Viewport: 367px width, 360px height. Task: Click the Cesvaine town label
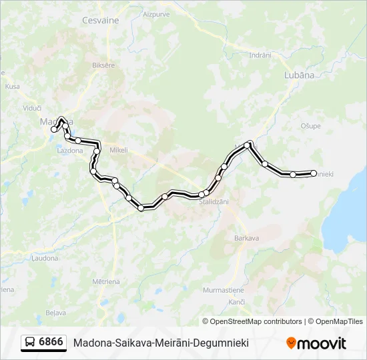coord(100,20)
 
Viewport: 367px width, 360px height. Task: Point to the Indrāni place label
coord(260,55)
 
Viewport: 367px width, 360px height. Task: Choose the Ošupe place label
coord(311,126)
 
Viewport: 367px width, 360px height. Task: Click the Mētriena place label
coord(107,281)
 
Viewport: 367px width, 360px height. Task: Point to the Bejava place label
coord(55,312)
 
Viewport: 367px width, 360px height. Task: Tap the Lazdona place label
coord(70,151)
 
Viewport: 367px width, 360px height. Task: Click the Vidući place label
coord(32,107)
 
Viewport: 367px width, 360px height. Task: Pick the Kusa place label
coord(12,86)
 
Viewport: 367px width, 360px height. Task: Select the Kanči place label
coord(237,303)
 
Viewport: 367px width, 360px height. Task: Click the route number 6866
coord(51,342)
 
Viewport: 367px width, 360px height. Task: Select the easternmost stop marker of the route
coord(314,173)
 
